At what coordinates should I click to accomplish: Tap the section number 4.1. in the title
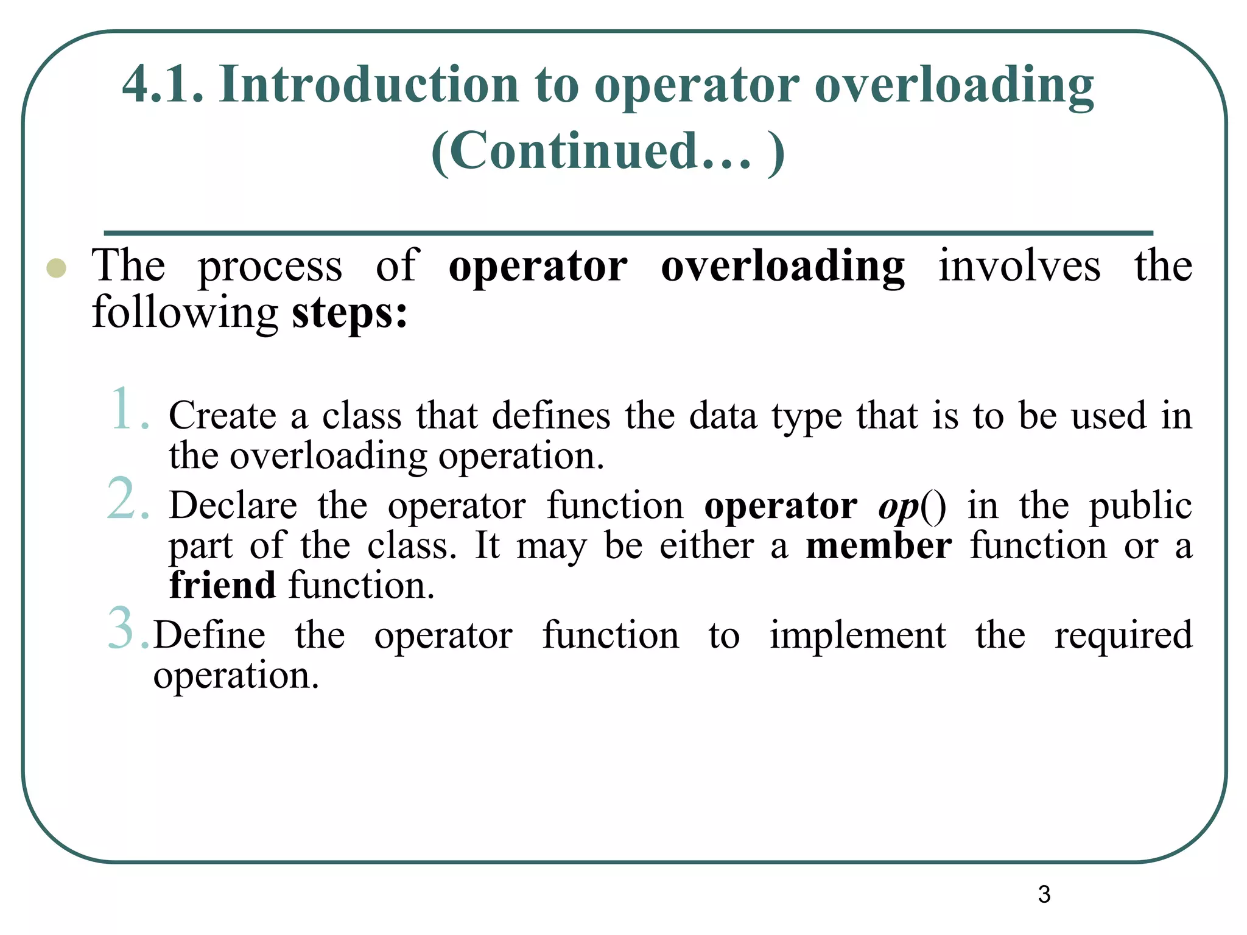coord(163,85)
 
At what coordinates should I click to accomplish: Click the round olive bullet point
coord(56,268)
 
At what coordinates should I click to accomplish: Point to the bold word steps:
coord(350,313)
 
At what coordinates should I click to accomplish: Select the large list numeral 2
coord(128,499)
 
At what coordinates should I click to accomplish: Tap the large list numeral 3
coord(128,628)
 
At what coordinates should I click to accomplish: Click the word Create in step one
coord(222,416)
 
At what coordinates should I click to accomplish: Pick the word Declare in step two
coord(233,505)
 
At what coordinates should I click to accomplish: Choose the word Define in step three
coord(209,635)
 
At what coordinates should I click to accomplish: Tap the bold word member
coord(879,545)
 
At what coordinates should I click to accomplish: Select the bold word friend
coord(222,585)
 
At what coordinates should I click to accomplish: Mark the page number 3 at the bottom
coord(1044,894)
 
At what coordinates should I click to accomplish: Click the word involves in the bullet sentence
coord(1019,266)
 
